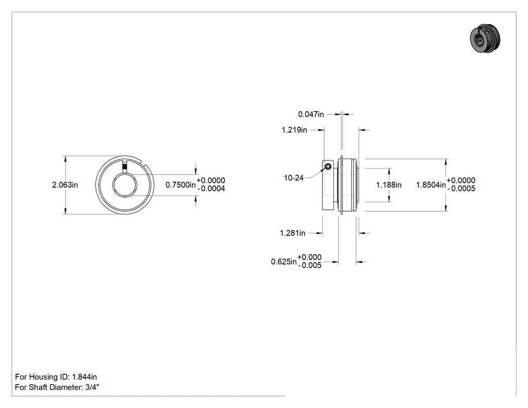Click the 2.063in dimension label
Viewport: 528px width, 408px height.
tap(65, 185)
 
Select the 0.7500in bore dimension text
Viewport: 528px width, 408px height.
tap(181, 185)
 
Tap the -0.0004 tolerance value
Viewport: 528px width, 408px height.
tap(211, 189)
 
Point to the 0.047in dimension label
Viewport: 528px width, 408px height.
tap(311, 115)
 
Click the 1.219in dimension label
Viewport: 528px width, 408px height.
tap(294, 130)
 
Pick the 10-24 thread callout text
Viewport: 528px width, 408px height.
tap(294, 178)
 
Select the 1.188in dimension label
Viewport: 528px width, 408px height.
tap(389, 185)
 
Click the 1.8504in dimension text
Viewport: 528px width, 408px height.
tap(431, 185)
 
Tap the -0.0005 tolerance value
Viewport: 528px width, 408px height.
tap(461, 189)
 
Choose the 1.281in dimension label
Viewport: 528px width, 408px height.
tap(293, 233)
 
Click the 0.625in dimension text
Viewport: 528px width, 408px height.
tap(284, 262)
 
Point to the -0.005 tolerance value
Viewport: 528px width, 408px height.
tap(310, 266)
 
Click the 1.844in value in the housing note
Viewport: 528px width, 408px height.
tap(84, 377)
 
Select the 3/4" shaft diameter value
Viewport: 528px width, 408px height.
tap(92, 387)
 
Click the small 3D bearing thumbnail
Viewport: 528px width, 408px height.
tap(485, 38)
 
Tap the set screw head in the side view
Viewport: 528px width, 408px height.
tap(328, 166)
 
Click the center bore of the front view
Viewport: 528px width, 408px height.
tap(125, 185)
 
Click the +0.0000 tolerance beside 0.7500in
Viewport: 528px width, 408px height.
tap(211, 181)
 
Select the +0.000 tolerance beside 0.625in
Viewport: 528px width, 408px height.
tap(309, 258)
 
